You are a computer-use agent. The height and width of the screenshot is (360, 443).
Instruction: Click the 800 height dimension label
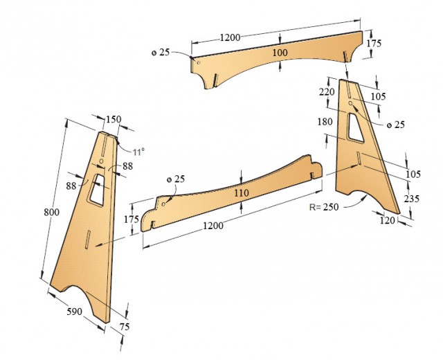(52, 212)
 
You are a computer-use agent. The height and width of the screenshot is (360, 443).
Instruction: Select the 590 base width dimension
(75, 312)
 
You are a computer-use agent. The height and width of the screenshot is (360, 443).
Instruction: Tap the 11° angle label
(138, 152)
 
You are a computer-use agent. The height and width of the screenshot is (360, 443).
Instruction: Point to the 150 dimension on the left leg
(114, 119)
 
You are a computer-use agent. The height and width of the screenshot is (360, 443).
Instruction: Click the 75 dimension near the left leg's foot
(125, 327)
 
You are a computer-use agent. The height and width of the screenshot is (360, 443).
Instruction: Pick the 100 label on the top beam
(280, 53)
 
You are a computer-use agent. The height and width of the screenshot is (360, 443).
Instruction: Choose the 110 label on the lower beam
(242, 193)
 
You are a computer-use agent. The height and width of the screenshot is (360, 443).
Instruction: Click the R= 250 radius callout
(324, 207)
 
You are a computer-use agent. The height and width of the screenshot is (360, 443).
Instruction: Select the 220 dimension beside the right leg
(327, 92)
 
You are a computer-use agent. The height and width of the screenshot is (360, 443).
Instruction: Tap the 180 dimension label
(325, 122)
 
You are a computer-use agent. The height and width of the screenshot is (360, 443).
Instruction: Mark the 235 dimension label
(411, 199)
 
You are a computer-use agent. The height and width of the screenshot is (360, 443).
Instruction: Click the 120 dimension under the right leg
(387, 220)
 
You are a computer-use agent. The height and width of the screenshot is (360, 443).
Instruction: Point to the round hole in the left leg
(102, 161)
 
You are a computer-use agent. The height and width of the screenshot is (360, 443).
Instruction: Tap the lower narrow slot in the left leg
(88, 240)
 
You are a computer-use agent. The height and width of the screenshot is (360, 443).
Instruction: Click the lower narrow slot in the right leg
(359, 158)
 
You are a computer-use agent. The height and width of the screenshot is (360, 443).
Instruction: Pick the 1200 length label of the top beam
(230, 37)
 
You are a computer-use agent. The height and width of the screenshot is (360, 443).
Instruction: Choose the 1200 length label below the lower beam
(213, 226)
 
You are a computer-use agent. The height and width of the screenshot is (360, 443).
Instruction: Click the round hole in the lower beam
(163, 204)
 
